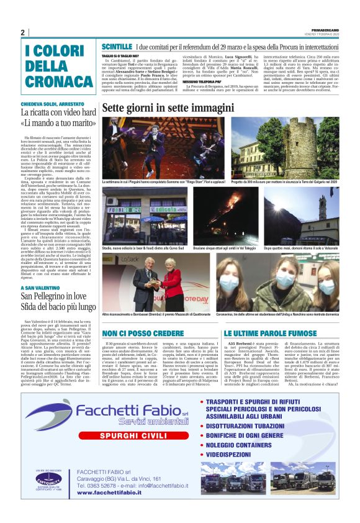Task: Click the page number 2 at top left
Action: [x=22, y=32]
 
